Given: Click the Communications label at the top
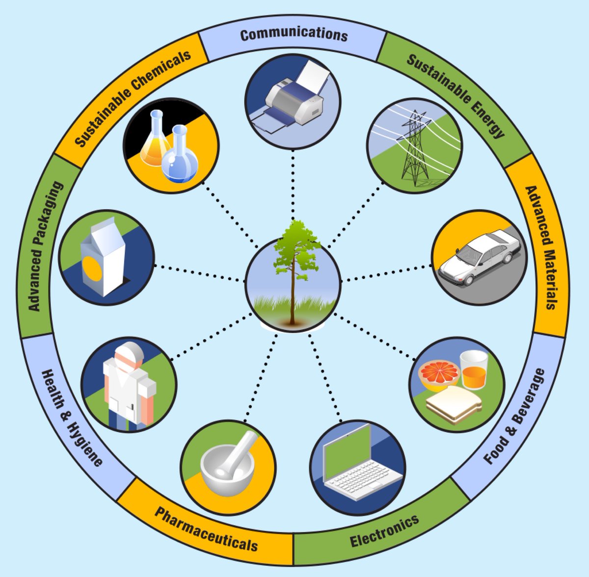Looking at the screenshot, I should point(294,34).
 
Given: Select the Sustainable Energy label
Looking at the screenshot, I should point(455,95).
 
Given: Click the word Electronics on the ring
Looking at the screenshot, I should point(384,531).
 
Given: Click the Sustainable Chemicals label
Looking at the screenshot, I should point(133,98).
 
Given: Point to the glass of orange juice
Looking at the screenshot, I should point(474,370).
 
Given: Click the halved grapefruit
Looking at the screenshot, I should point(438,374).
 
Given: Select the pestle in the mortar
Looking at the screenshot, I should point(241,451).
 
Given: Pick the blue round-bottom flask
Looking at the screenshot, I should point(180,157).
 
